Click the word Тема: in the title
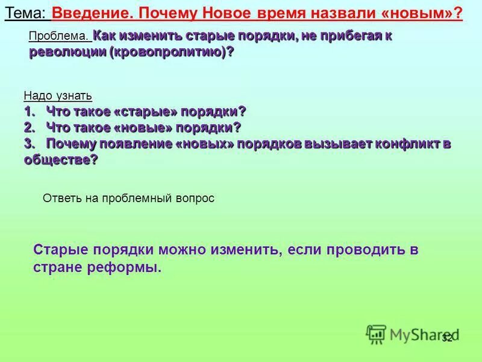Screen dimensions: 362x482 26,13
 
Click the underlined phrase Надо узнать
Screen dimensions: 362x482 58,96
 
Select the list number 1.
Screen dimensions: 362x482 28,112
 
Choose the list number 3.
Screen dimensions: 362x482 28,144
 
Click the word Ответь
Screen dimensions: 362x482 58,198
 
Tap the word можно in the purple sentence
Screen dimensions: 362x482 188,249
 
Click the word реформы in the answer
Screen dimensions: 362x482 129,267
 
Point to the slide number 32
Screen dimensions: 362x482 446,338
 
